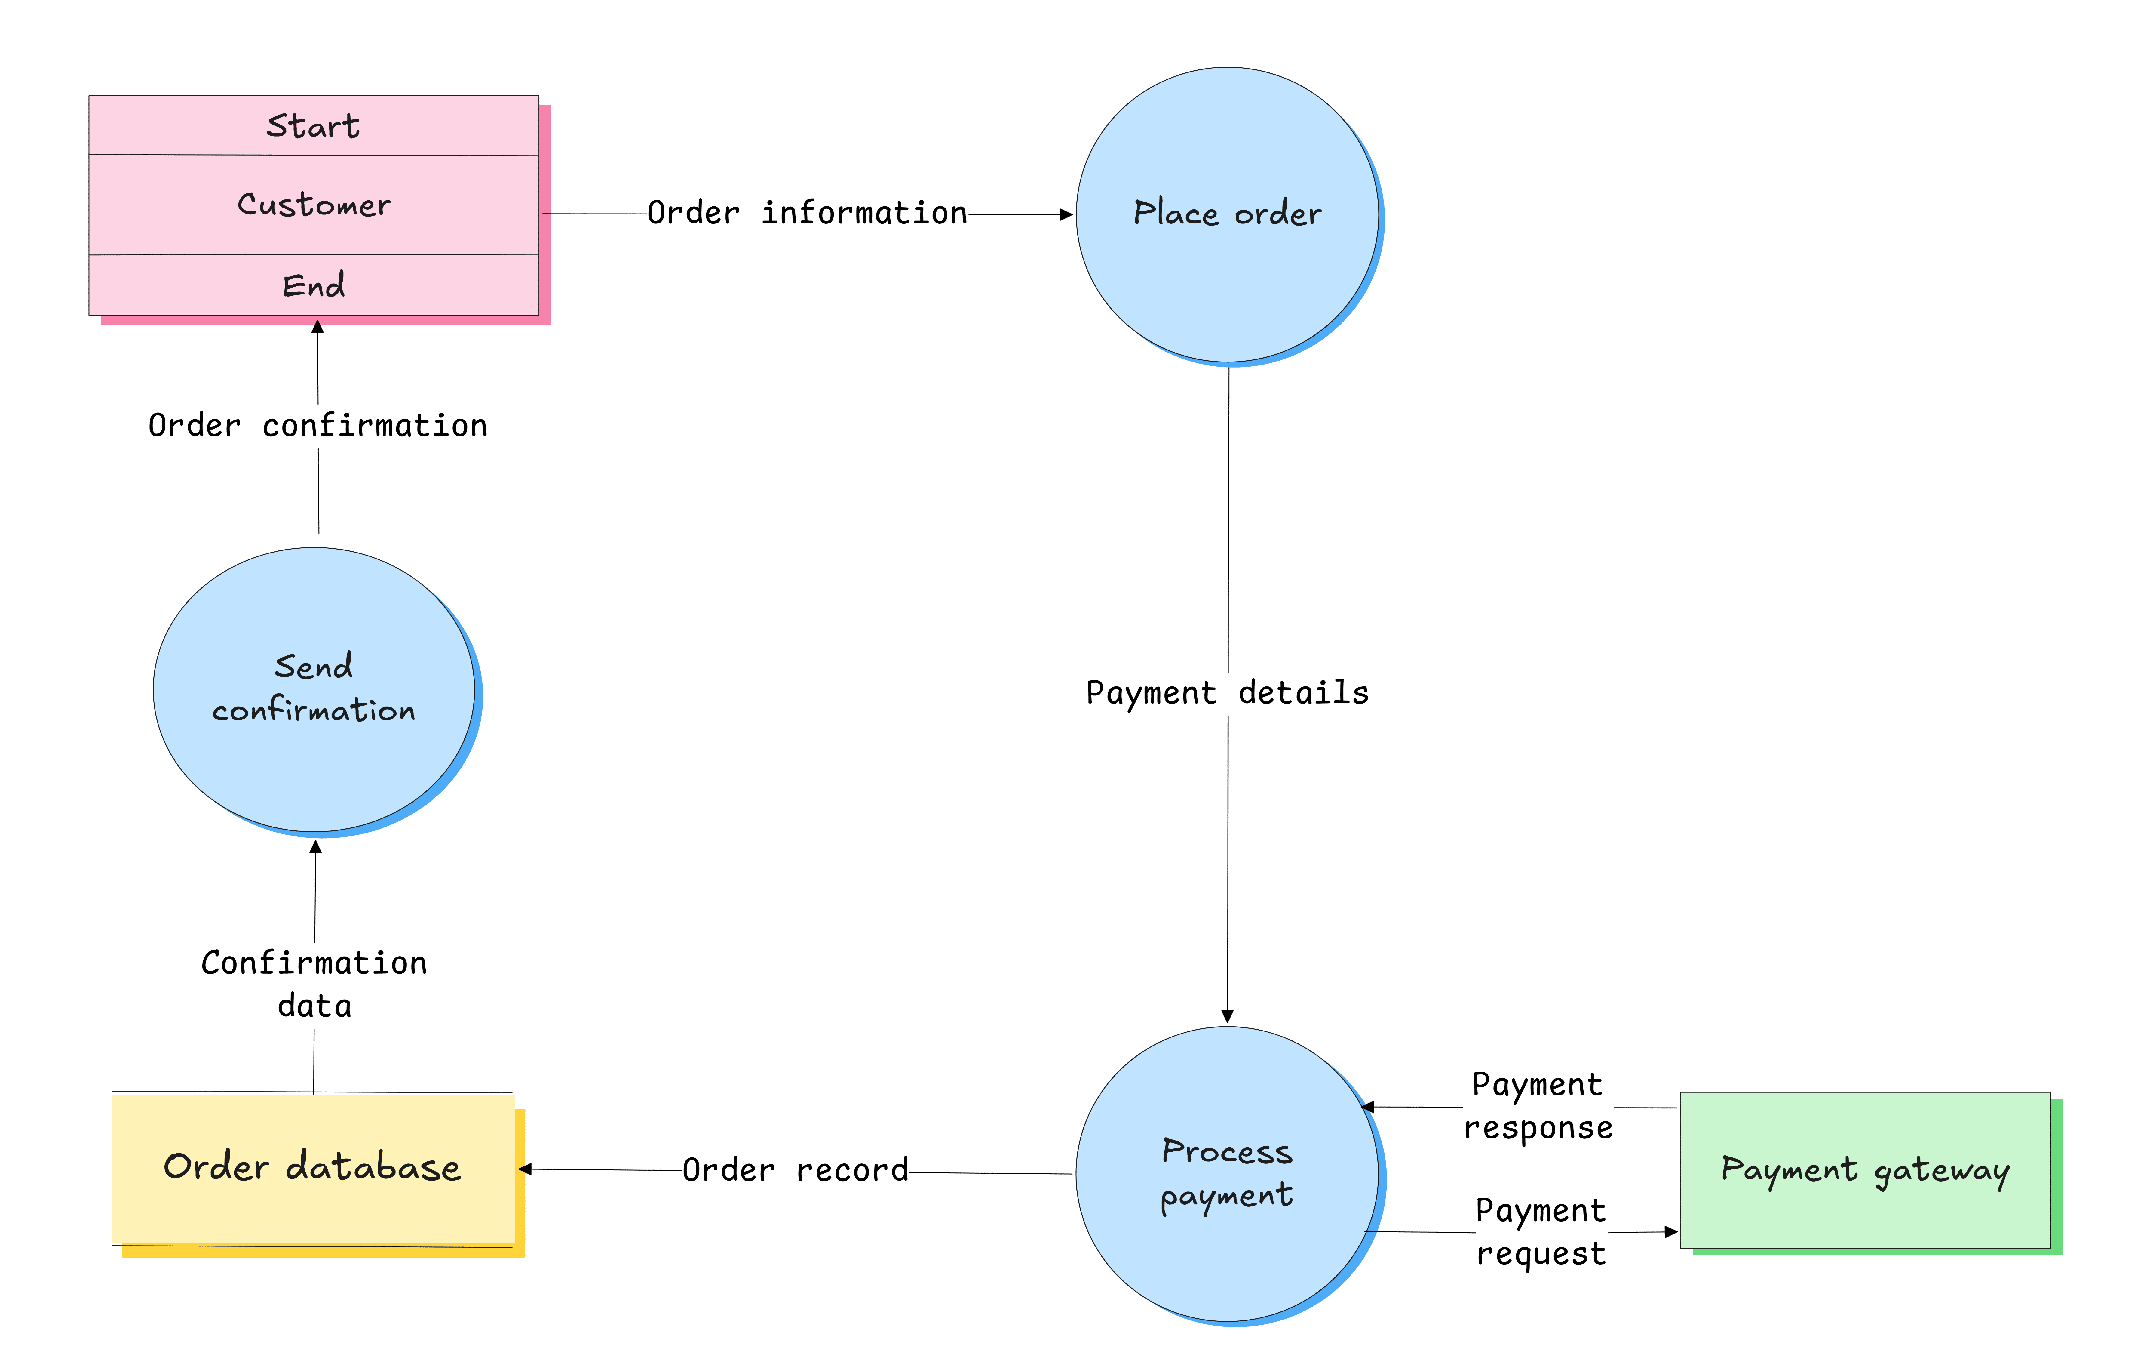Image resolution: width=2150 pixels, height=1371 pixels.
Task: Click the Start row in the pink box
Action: coord(313,126)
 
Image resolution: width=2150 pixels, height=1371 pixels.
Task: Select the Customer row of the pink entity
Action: coord(313,205)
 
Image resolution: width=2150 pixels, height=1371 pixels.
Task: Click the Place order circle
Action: coord(1228,214)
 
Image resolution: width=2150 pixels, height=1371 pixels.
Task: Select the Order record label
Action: coord(795,1170)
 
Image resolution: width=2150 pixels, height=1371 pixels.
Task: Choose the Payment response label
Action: coord(1538,1106)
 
